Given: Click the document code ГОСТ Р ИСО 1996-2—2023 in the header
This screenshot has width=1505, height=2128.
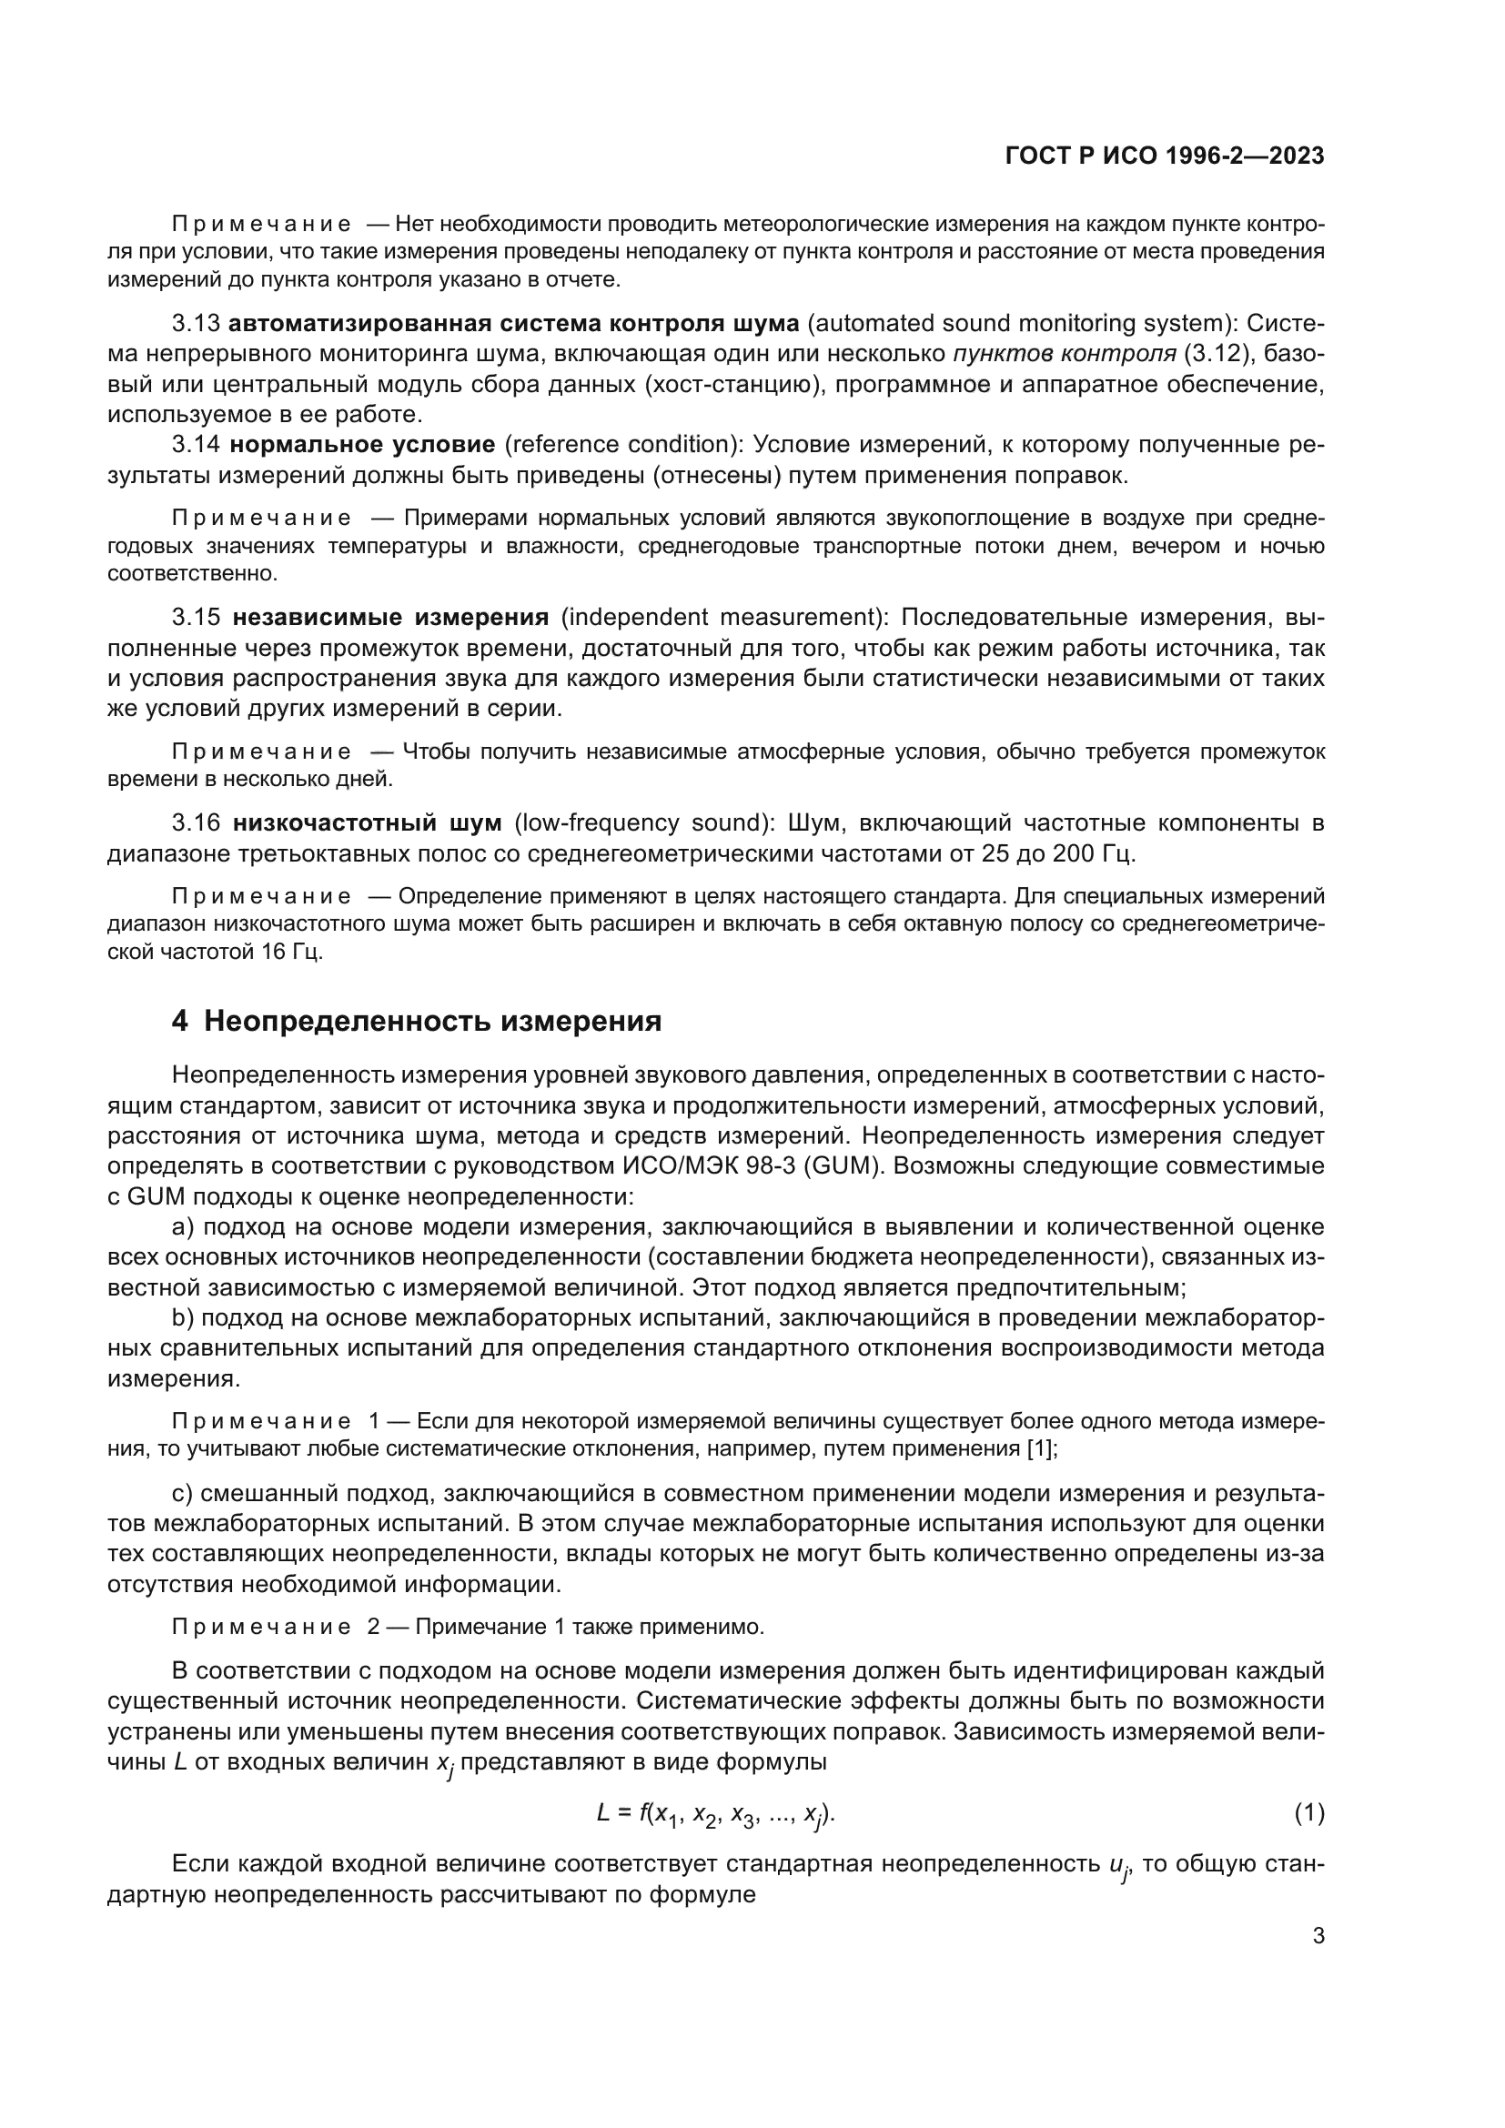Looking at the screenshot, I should [x=1164, y=156].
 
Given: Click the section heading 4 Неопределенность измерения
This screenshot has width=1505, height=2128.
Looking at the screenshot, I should [x=416, y=1021].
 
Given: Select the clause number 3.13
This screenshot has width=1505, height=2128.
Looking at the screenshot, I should [x=196, y=324].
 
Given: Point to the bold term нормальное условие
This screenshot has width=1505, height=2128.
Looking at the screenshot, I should [x=362, y=445].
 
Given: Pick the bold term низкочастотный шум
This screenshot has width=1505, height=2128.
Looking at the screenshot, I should [x=367, y=823].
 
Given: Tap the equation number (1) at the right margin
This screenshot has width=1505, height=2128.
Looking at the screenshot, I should [x=1308, y=1813].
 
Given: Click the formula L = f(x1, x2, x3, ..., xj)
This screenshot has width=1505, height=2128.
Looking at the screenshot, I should [x=715, y=1815].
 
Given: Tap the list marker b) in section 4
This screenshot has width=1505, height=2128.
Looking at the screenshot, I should [x=184, y=1318].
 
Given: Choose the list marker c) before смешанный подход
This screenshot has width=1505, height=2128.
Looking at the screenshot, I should [x=183, y=1493].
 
